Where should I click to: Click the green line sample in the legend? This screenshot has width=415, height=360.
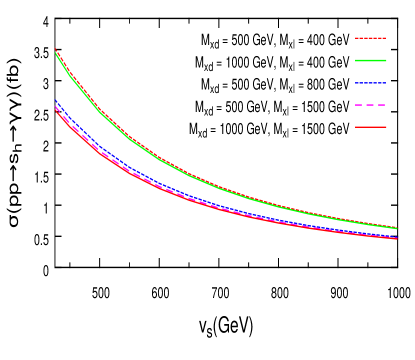(371, 60)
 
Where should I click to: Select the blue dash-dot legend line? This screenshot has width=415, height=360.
(371, 82)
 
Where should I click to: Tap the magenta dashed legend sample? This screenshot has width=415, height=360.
(371, 104)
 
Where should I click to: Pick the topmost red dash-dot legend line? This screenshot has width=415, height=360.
(371, 38)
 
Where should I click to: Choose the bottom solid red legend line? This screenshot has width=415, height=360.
(371, 127)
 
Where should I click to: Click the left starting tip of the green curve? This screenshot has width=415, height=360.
(55, 51)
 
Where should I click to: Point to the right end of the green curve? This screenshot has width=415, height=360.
(398, 228)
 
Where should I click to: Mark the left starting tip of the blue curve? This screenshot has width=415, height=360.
(55, 100)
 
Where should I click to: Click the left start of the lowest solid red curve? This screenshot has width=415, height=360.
(55, 109)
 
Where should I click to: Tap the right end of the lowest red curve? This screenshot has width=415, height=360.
(398, 238)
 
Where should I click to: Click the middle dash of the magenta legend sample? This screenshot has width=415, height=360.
(371, 104)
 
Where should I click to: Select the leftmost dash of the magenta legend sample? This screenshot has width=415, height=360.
(359, 104)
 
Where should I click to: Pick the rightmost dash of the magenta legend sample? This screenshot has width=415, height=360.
(382, 104)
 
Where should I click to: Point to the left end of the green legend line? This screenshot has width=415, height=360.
(356, 60)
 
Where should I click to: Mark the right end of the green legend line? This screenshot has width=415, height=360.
(386, 60)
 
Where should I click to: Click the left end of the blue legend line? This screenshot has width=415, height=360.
(356, 82)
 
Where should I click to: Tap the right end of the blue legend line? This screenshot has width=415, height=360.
(386, 82)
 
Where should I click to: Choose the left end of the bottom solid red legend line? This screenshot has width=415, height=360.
(356, 127)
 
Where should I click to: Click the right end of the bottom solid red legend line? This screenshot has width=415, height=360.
(386, 127)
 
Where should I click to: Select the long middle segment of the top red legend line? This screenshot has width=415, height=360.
(369, 38)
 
